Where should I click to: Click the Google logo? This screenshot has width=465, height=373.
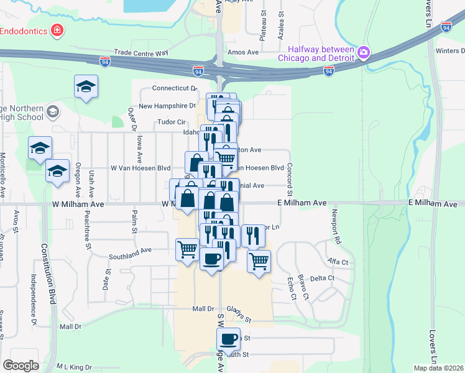click(x=21, y=366)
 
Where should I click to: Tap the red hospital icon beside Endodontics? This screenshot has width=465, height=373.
click(x=58, y=29)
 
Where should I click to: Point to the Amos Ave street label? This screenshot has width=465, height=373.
click(x=243, y=53)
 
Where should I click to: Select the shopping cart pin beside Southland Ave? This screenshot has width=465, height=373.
click(x=187, y=249)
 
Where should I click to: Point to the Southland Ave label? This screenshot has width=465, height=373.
click(x=130, y=251)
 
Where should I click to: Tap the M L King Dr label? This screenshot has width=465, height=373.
click(x=74, y=367)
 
